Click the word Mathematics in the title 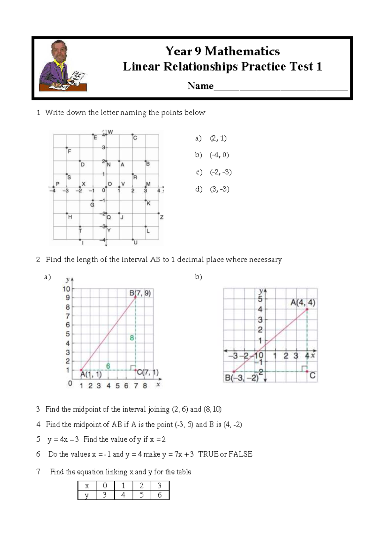coord(242,51)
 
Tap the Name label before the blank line coord(200,86)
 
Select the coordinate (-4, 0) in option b coord(219,155)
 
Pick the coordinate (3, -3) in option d coord(220,189)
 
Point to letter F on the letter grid coord(69,151)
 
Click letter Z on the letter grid coord(161,217)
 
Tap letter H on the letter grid coord(70,217)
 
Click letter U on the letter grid coord(135,243)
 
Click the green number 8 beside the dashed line coord(131,338)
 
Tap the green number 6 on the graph coord(108,366)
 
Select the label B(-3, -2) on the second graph coord(242,378)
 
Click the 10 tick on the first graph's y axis coord(66,289)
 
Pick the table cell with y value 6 coord(160,495)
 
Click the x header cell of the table coord(87,486)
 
